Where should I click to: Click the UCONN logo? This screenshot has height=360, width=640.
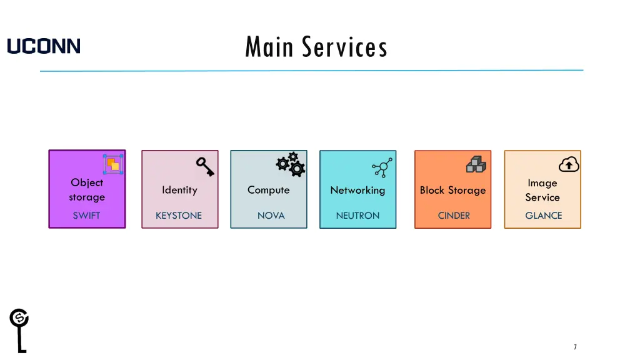click(x=44, y=46)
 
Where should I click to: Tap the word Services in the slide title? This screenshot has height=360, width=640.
click(x=344, y=47)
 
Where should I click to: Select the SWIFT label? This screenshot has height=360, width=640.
click(x=86, y=216)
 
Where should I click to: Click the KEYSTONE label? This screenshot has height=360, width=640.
click(x=179, y=216)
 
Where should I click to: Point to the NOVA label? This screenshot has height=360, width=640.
click(x=271, y=216)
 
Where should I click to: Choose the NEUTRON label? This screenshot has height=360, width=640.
click(x=357, y=216)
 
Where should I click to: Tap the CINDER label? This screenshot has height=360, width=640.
click(x=454, y=216)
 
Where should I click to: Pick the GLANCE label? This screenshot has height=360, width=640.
click(x=543, y=216)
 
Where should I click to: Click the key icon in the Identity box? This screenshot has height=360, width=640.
click(x=205, y=166)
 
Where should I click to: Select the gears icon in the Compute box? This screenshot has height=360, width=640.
click(x=291, y=164)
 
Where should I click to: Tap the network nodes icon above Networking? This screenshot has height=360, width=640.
click(x=381, y=167)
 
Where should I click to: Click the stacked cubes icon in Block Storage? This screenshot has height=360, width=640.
click(x=476, y=164)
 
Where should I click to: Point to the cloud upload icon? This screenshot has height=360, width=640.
click(x=569, y=164)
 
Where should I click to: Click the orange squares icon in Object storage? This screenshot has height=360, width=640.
click(x=113, y=164)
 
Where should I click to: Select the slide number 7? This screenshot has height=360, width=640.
click(x=575, y=347)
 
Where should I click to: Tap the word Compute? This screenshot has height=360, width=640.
click(x=268, y=190)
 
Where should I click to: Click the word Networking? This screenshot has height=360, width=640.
click(x=357, y=190)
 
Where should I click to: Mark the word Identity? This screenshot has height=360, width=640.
click(x=179, y=190)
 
